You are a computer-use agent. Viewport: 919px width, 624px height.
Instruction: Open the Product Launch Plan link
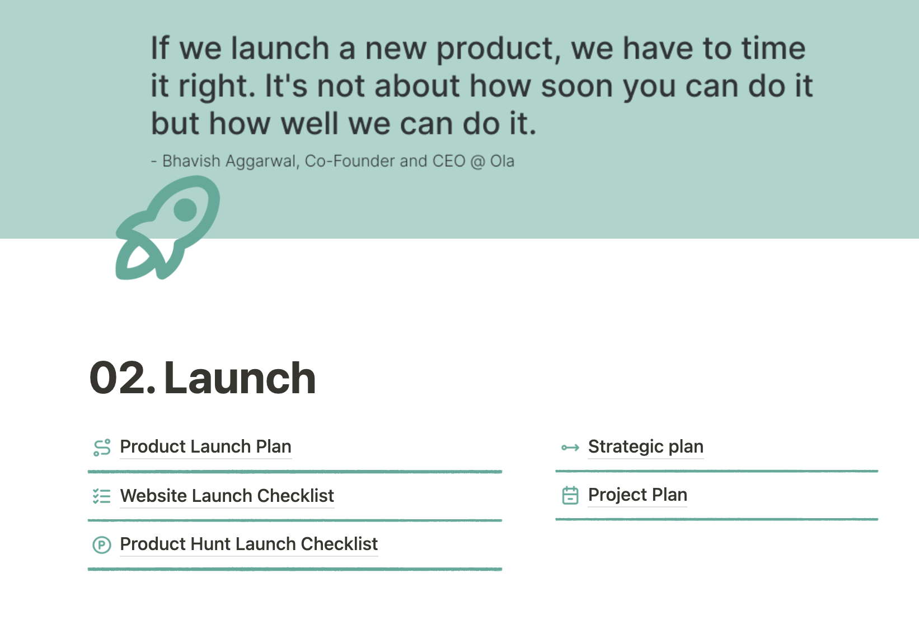tap(205, 446)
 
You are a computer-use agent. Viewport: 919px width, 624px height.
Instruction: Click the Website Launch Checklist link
tap(227, 496)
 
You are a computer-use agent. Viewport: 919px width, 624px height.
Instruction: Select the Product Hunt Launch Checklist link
tap(248, 544)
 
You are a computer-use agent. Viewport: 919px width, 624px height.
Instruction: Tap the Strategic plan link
tap(646, 446)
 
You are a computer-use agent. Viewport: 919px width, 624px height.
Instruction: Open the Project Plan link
tap(637, 495)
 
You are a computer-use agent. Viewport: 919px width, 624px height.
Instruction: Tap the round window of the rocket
tap(185, 210)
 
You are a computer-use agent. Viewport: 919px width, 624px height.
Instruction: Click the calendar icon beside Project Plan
tap(570, 495)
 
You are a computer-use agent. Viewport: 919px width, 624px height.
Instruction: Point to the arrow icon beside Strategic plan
tap(570, 448)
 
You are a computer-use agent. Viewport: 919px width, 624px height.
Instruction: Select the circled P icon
tap(102, 545)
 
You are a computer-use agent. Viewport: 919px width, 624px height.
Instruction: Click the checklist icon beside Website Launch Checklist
tap(102, 496)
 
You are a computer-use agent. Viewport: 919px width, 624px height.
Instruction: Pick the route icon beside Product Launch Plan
tap(102, 448)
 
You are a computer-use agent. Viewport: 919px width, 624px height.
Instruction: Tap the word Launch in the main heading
tap(240, 378)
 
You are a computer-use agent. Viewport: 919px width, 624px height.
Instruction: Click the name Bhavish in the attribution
tap(191, 161)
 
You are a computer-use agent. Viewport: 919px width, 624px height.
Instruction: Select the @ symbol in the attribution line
tap(477, 161)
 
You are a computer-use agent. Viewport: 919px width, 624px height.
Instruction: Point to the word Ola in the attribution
tap(502, 161)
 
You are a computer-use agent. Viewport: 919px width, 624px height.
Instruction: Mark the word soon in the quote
tap(577, 86)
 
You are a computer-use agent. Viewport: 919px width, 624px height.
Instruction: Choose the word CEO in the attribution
tap(449, 161)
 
